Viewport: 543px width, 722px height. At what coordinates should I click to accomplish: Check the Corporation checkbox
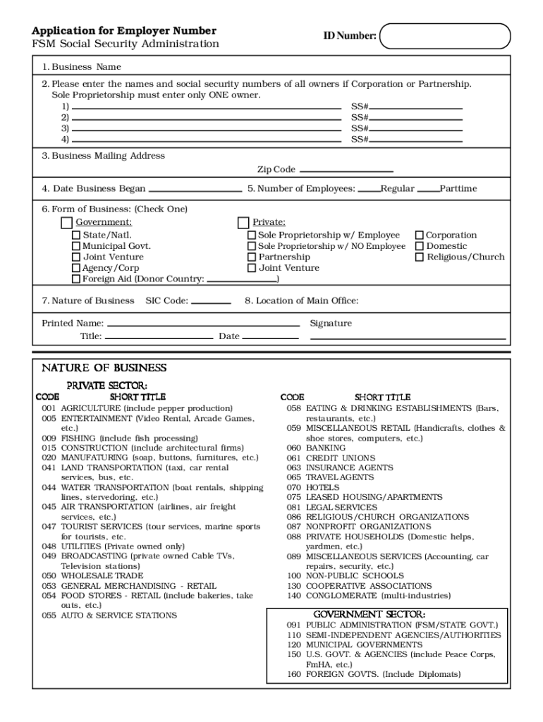click(420, 235)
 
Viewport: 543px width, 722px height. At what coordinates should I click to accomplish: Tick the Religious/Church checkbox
click(420, 257)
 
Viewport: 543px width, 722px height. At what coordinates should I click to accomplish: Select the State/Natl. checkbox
click(76, 235)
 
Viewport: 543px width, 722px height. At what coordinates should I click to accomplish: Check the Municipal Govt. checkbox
click(76, 246)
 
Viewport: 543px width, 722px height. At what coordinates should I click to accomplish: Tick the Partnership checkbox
click(252, 257)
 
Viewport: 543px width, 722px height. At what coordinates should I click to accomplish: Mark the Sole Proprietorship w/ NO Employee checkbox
click(252, 246)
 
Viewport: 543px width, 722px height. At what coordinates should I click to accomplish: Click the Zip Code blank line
click(346, 170)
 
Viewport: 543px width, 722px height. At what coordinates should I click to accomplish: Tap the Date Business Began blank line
click(195, 189)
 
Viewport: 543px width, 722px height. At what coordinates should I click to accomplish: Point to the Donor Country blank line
click(241, 279)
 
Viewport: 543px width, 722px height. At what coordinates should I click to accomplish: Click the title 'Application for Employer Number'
click(123, 31)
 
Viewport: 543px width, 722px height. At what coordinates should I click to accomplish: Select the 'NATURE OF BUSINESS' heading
click(104, 368)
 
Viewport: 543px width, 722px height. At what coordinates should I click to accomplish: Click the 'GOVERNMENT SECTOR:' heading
click(369, 614)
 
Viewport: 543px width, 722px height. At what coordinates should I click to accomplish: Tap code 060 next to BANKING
click(293, 448)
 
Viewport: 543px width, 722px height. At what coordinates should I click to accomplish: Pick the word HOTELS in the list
click(322, 487)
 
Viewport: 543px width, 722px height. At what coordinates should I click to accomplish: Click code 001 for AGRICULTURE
click(49, 408)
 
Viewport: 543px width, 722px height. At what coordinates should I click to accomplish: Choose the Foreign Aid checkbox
click(76, 279)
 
